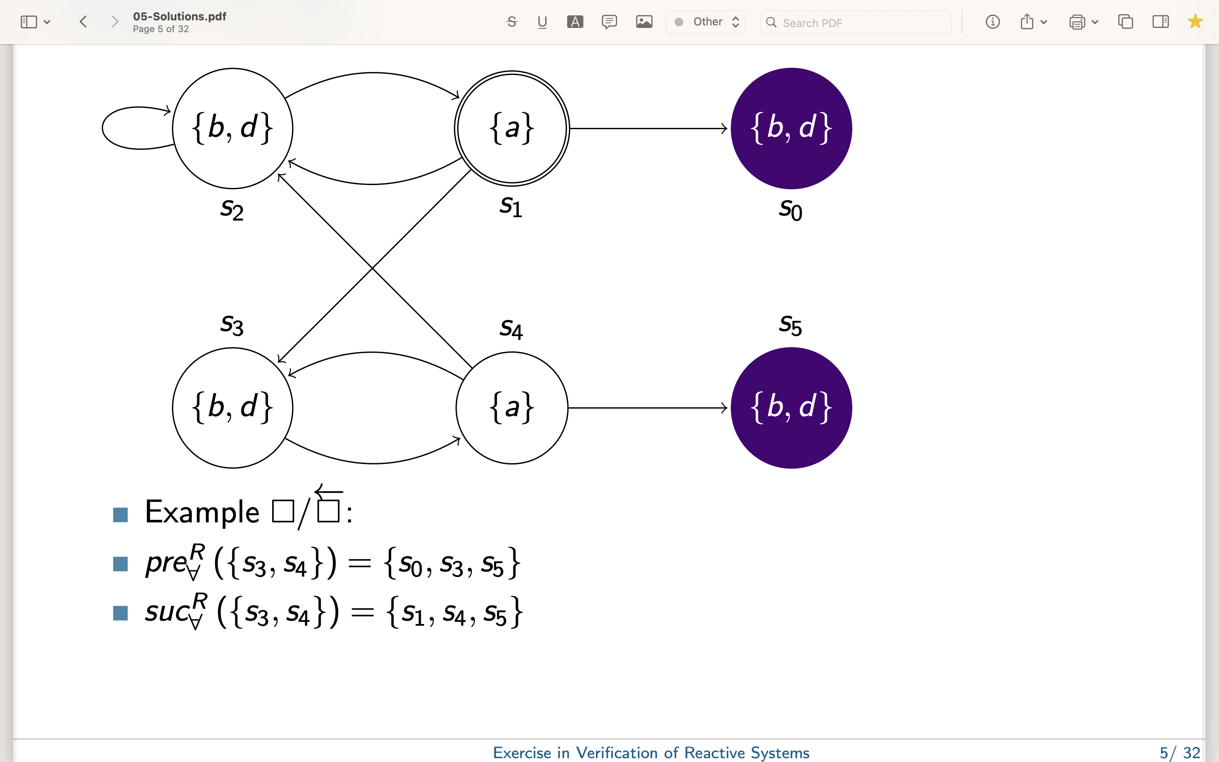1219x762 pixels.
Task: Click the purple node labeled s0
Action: pos(792,129)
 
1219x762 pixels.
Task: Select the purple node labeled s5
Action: pos(792,408)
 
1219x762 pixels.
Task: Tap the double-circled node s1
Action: pos(512,129)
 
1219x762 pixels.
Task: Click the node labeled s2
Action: pos(233,129)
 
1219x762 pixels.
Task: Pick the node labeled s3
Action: pos(233,408)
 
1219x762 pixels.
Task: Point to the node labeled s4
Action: pos(512,408)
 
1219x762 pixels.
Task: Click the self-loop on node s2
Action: pos(103,128)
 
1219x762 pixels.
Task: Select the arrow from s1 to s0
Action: pos(649,129)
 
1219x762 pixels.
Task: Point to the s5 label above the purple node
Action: pos(790,325)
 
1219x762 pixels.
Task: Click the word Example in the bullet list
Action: pos(202,513)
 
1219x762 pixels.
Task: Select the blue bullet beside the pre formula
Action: pos(120,564)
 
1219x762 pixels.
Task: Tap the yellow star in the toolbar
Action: pos(1195,22)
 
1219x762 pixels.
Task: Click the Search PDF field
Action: pos(855,23)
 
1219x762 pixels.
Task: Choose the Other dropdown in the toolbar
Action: pos(705,22)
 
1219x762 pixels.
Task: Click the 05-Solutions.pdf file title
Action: pos(180,16)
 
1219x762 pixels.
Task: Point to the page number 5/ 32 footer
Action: pos(1180,752)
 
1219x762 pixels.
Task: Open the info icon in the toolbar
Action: pos(992,22)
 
